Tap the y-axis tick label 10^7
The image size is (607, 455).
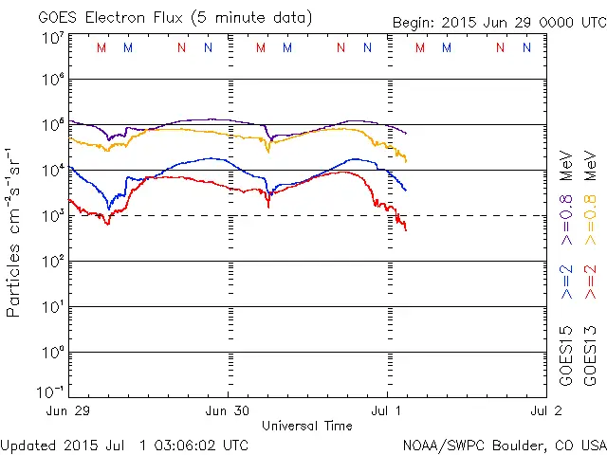tap(53, 38)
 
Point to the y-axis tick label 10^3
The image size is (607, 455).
tap(53, 215)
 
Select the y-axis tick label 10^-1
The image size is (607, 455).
tap(51, 391)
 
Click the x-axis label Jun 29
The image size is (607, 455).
tap(69, 410)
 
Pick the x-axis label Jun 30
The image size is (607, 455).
tap(228, 410)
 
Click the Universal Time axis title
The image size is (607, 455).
tap(307, 426)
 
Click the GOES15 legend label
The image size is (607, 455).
tap(566, 355)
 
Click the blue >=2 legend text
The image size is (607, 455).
tap(566, 282)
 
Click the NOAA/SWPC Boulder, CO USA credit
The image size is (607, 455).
tap(503, 445)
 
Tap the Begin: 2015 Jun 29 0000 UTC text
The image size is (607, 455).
tap(498, 24)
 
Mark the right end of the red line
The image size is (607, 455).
tap(406, 229)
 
